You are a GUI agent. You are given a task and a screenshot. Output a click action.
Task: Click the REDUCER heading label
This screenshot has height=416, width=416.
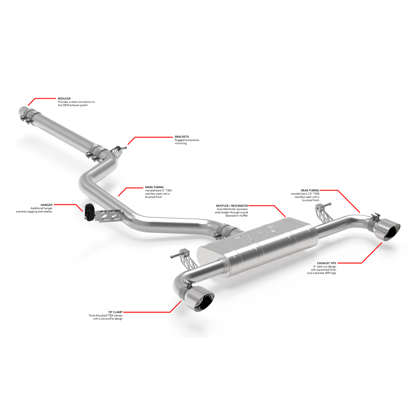pos(64,99)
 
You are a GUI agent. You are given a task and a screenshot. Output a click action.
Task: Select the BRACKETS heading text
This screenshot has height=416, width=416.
pos(182,137)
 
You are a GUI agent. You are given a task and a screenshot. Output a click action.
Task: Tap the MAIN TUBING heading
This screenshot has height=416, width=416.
pos(154,187)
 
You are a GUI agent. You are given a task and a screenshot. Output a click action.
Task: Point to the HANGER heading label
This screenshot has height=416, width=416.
pos(47,205)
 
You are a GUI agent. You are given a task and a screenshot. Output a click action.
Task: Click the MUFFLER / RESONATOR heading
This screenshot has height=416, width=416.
pos(232,206)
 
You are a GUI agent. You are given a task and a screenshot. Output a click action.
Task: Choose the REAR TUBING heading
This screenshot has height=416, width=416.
pos(310,191)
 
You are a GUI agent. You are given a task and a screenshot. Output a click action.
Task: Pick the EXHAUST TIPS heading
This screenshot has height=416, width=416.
pos(326,263)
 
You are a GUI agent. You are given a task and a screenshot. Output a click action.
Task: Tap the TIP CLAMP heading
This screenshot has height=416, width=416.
pos(115,312)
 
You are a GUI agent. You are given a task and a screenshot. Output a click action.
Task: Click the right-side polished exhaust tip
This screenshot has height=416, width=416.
pos(387,229)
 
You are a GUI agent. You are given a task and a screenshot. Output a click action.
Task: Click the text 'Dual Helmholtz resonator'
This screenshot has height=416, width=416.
pos(232,209)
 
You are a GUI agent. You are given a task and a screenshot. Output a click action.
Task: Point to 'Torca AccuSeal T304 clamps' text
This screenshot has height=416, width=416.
pos(105,315)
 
